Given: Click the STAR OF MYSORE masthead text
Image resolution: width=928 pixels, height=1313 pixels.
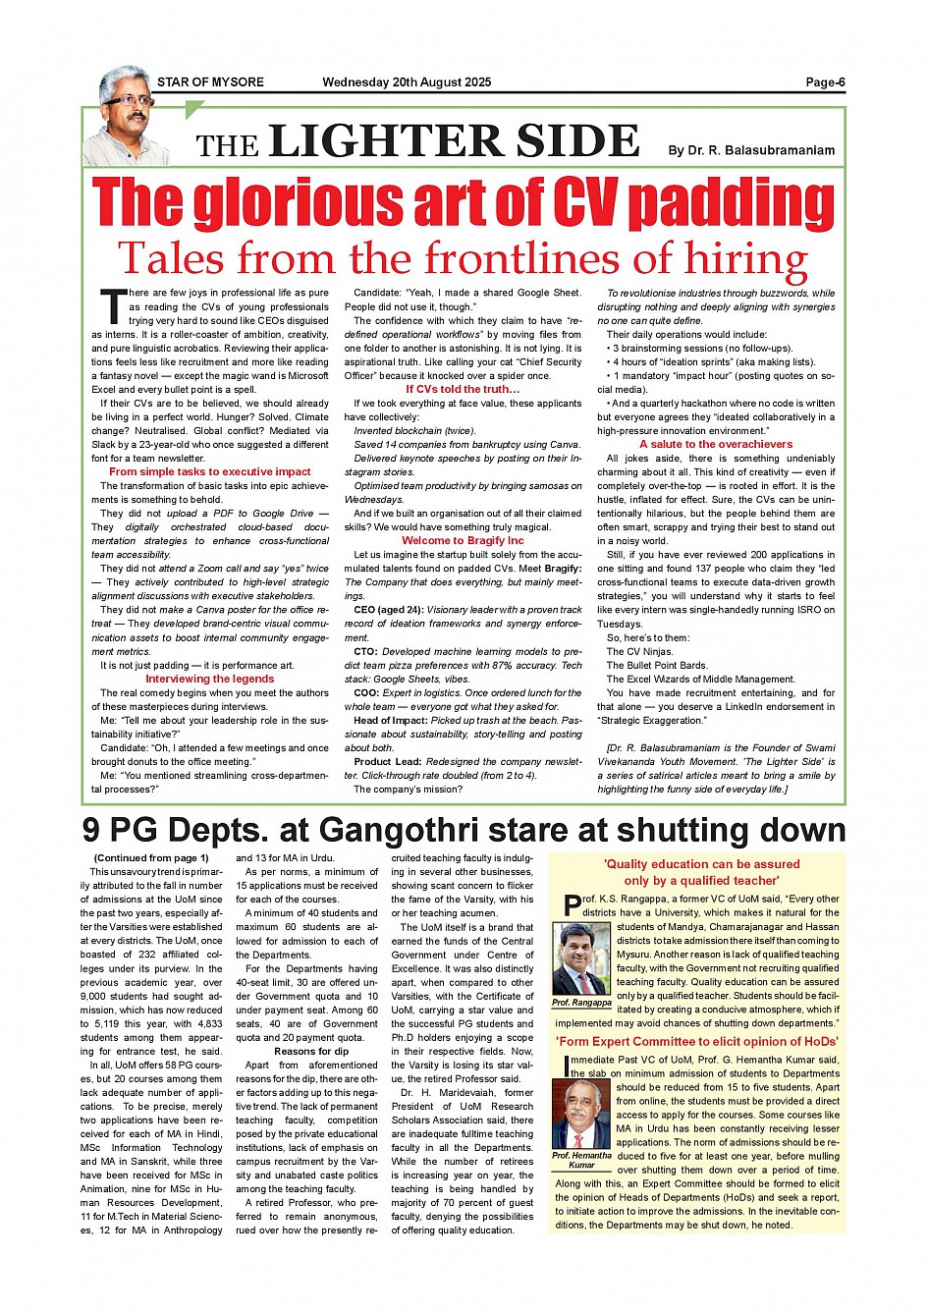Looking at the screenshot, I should click(210, 82).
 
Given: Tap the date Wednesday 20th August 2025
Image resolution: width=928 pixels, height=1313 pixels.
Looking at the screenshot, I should click(407, 82).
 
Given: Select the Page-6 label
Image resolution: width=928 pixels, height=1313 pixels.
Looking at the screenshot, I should click(825, 82).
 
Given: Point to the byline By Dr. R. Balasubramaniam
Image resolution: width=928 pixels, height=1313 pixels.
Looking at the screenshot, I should click(751, 150).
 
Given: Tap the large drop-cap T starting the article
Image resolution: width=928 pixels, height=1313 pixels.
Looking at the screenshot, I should click(113, 306).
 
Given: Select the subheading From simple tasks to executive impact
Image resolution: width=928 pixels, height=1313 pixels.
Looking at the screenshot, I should click(210, 472).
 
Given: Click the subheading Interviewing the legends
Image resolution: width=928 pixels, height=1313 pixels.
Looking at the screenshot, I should click(210, 679).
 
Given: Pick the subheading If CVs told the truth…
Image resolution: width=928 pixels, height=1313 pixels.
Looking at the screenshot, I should click(463, 389).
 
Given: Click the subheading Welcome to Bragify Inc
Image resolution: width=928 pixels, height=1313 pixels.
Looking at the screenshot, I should click(463, 540).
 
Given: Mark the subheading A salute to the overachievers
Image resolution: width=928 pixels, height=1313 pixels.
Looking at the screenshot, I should click(716, 444).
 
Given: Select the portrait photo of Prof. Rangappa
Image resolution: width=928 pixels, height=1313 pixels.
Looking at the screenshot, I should click(580, 958).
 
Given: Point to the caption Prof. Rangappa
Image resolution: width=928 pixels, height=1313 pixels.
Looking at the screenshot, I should click(580, 1003).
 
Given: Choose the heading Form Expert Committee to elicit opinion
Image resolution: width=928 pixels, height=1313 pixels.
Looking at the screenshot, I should click(697, 1042).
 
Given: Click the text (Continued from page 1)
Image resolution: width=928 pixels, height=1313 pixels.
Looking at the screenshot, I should click(151, 857).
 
